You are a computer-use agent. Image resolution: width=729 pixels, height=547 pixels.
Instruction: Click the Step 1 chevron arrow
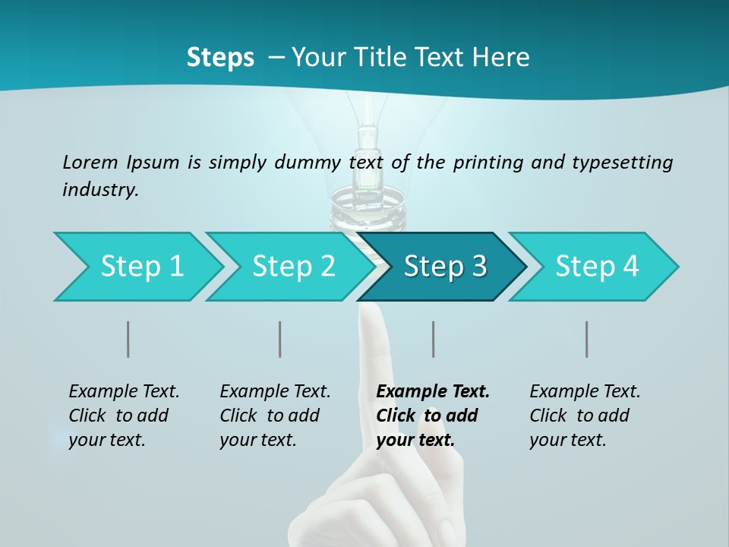[141, 267]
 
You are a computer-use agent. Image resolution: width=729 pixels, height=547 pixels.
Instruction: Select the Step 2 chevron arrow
[293, 267]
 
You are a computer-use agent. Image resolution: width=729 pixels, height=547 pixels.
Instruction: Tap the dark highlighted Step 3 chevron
[444, 267]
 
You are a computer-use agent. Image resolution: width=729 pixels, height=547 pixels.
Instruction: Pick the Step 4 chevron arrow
[597, 267]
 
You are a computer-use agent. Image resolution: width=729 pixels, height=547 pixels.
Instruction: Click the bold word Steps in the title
[220, 58]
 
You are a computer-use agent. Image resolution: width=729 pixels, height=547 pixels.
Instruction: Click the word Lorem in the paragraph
[90, 162]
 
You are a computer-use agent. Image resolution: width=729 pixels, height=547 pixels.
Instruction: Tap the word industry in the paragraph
[100, 189]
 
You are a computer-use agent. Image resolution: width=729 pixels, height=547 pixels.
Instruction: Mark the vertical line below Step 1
[128, 339]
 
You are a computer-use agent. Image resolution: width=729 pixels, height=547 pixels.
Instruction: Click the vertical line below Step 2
[280, 339]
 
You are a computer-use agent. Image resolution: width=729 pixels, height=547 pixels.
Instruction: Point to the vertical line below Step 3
[434, 339]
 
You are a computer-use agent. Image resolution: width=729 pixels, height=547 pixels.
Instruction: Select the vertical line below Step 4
[587, 339]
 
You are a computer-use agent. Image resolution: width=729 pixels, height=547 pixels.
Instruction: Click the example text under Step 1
[124, 416]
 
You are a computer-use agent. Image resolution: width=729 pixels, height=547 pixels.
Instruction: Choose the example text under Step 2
[275, 416]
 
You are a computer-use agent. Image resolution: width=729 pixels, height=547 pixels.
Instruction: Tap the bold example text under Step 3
[433, 416]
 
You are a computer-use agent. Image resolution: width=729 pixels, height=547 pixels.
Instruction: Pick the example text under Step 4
[585, 416]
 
